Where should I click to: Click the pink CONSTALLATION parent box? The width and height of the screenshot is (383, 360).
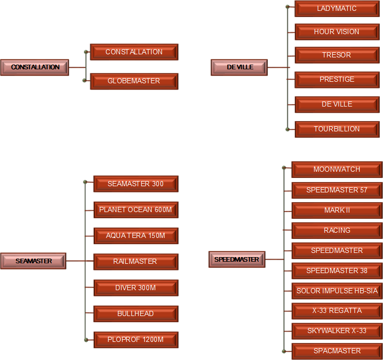coord(35,67)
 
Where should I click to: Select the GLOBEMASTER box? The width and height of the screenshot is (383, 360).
coord(134,81)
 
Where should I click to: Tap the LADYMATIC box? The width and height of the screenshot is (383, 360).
coord(337,9)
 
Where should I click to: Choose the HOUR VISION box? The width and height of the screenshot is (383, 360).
coord(337,32)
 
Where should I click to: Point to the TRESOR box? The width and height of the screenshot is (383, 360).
coord(337,55)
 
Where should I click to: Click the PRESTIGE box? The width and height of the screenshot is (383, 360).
coord(337,80)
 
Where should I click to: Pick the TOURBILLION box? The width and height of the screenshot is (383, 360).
coord(337,129)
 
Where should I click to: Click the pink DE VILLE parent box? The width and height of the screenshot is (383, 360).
coord(239,67)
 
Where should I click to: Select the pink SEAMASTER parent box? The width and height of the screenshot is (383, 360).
coord(33,261)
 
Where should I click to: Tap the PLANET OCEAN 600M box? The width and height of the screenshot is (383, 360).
coord(136,210)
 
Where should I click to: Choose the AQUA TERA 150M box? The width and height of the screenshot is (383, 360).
coord(136,236)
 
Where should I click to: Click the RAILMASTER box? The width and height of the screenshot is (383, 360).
coord(136,262)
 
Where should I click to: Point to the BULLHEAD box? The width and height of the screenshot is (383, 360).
coord(136,314)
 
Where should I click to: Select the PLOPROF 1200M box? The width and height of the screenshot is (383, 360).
coord(136,340)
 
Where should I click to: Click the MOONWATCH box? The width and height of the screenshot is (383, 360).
coord(337,169)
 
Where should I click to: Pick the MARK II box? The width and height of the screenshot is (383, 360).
coord(337,211)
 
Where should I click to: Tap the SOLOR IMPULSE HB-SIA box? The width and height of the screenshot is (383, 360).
coord(337,291)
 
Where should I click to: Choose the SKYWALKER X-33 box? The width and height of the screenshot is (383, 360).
coord(337,331)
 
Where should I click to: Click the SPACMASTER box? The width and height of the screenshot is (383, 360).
coord(337,351)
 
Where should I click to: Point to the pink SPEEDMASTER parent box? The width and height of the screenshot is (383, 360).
coord(237,260)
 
